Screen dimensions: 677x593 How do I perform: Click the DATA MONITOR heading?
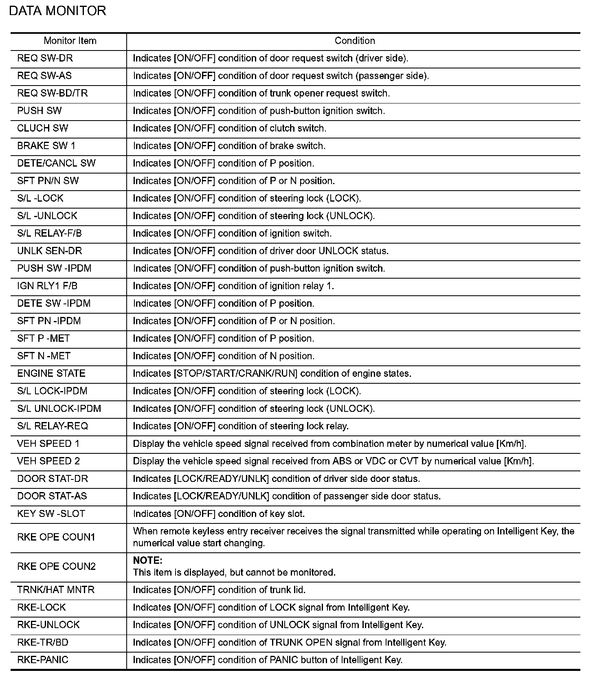click(57, 11)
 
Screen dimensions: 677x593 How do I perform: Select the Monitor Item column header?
click(70, 41)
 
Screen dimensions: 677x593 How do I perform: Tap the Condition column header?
click(354, 41)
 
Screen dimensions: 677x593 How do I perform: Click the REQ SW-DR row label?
click(45, 58)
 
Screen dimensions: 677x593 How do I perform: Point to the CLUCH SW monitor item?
click(43, 128)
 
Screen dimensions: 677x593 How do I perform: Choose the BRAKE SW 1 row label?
click(46, 146)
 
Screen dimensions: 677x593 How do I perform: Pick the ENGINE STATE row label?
click(51, 374)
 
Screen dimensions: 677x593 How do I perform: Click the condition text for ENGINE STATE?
click(272, 374)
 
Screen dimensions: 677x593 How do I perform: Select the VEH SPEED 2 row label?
click(48, 461)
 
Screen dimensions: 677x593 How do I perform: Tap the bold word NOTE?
click(147, 561)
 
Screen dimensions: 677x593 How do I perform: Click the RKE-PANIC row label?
click(43, 660)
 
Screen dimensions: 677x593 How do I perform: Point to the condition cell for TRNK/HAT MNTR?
click(219, 590)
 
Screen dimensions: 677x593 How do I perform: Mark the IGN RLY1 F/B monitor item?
click(47, 286)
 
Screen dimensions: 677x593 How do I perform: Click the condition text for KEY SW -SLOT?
click(219, 514)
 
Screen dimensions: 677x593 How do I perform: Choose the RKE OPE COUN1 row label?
click(56, 537)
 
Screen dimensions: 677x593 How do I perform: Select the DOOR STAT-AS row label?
click(52, 496)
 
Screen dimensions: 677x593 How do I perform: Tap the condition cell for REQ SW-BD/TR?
click(261, 93)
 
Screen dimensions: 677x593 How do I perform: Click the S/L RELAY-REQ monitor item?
click(53, 426)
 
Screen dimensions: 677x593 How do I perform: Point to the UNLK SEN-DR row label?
click(50, 251)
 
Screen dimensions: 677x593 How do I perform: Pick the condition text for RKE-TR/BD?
click(290, 642)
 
